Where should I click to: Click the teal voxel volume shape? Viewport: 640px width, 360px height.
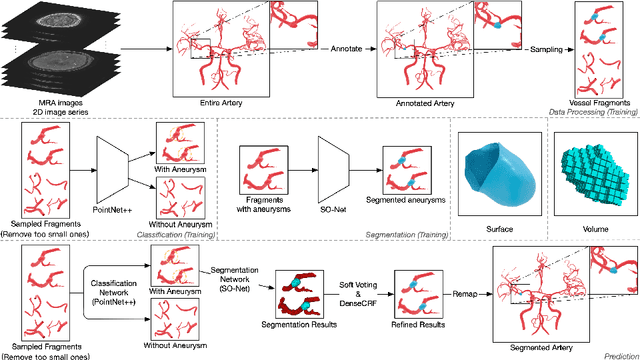tap(590, 170)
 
